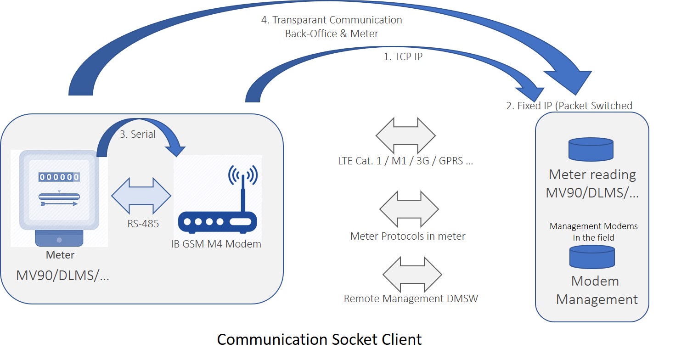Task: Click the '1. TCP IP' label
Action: point(403,57)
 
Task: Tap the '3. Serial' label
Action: point(137,135)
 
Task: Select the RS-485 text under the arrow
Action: point(143,224)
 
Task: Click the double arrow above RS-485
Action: point(141,196)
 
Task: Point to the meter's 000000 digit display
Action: point(59,177)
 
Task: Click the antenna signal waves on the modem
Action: point(243,175)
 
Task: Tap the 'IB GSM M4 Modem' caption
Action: point(216,244)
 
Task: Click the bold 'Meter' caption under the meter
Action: point(60,255)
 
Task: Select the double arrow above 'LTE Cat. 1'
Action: point(405,135)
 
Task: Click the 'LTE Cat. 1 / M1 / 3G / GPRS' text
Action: point(405,161)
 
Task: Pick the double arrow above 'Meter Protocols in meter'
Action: point(409,209)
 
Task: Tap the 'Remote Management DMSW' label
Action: point(411,298)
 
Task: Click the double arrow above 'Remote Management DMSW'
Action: point(412,275)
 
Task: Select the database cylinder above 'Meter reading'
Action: point(591,150)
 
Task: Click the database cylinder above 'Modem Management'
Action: point(592,257)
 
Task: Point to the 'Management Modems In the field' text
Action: point(594,232)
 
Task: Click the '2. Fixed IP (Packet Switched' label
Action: point(569,106)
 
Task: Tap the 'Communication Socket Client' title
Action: point(320,339)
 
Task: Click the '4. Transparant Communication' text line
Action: point(332,20)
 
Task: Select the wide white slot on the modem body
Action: point(240,222)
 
